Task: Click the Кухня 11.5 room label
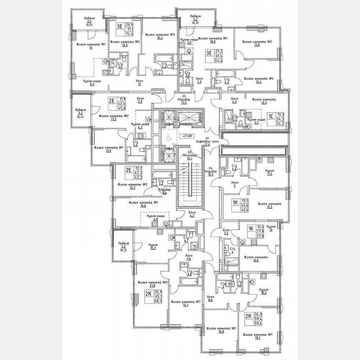[270, 172]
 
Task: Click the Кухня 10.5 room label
[263, 291]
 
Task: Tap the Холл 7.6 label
[189, 257]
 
